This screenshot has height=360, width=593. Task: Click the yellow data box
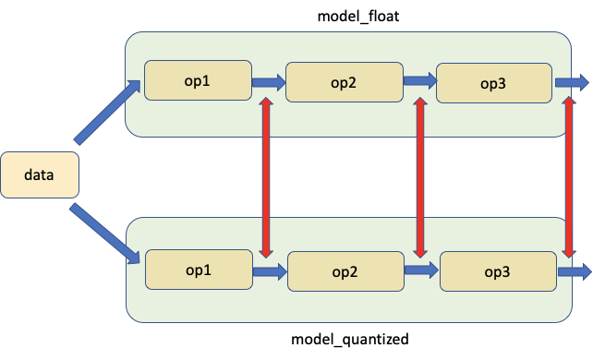(40, 175)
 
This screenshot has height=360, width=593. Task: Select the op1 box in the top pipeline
(198, 80)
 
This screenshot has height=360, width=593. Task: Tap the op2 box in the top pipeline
(344, 82)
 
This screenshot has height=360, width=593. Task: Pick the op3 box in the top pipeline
(494, 83)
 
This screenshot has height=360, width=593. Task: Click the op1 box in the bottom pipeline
(199, 270)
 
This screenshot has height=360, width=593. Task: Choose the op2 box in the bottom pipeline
(345, 272)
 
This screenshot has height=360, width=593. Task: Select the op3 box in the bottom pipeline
(498, 271)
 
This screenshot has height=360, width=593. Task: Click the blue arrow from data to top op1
(106, 113)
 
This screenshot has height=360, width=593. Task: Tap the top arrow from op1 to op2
(269, 82)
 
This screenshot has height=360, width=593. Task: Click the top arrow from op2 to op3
(419, 81)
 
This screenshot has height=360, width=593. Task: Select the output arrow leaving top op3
(572, 83)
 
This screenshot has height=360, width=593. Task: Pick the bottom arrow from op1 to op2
(270, 272)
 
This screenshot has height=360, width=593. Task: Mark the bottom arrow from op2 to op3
(421, 270)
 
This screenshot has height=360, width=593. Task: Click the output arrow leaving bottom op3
(574, 272)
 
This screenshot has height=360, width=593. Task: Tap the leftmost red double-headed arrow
(266, 177)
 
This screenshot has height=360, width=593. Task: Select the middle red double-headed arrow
(420, 177)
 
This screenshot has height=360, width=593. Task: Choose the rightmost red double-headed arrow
(571, 177)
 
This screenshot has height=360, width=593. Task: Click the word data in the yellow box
(40, 175)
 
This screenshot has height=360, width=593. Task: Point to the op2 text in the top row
(344, 82)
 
